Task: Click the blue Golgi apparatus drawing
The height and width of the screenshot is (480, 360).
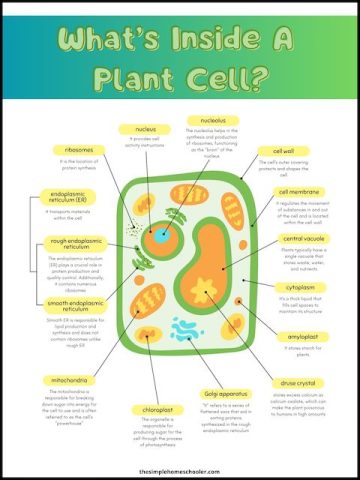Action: click(x=187, y=327)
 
